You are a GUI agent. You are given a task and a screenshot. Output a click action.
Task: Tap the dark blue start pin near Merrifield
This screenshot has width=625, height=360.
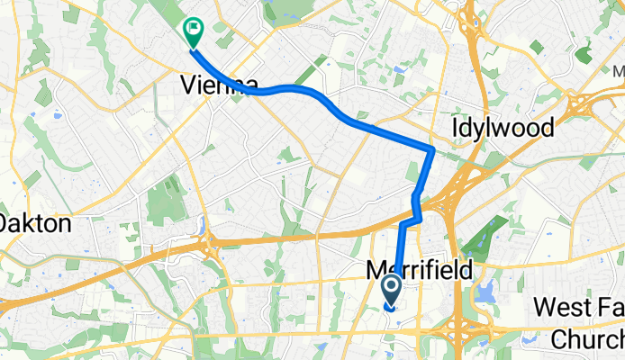(393, 288)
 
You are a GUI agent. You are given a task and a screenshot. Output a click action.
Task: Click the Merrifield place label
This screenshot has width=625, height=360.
(420, 269)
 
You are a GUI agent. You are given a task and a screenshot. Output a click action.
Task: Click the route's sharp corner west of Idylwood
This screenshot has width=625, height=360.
(432, 149)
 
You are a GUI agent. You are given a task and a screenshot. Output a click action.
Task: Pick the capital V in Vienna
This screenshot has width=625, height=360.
(188, 85)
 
